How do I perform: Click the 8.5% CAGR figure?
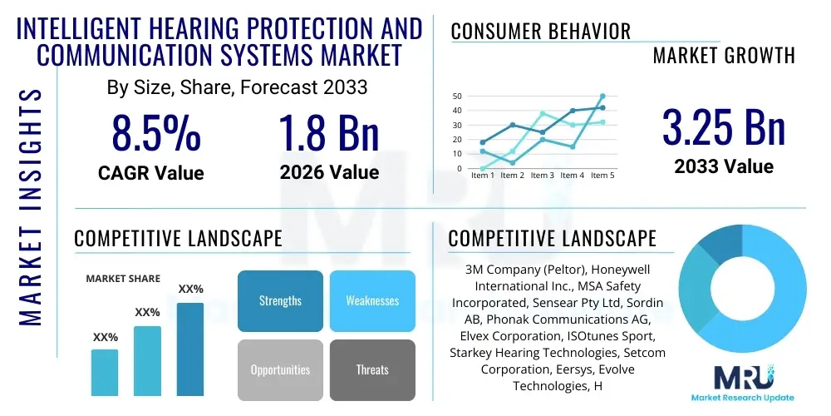click(x=156, y=133)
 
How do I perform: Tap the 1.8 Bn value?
click(x=328, y=133)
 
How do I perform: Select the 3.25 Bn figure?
click(x=723, y=127)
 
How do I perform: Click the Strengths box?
click(x=280, y=300)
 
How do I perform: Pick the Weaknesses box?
click(x=372, y=300)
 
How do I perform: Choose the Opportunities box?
click(x=280, y=369)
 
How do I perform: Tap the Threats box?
click(x=372, y=369)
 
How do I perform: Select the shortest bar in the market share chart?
click(x=105, y=372)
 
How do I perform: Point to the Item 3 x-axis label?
click(x=542, y=176)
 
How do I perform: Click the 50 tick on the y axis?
click(x=457, y=97)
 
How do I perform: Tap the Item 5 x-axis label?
click(x=601, y=176)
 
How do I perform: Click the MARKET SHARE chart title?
click(x=123, y=279)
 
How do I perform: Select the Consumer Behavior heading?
click(x=541, y=32)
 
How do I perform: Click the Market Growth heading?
click(x=724, y=56)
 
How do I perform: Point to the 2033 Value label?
click(x=723, y=166)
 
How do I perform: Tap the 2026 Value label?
click(x=329, y=172)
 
